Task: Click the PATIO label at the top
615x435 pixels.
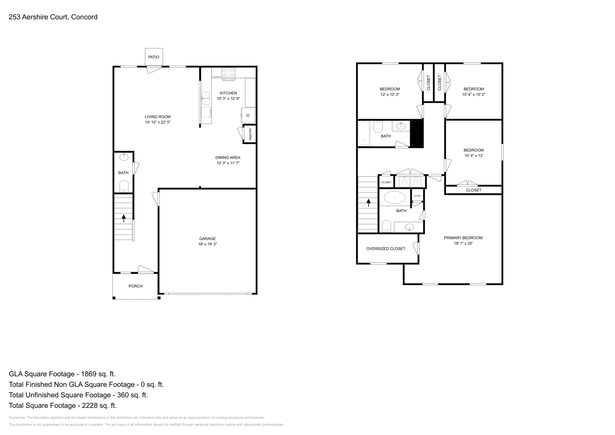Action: (154, 57)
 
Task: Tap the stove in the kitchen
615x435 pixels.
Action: (228, 73)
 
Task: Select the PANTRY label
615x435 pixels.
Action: (250, 134)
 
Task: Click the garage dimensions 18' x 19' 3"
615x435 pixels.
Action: (208, 244)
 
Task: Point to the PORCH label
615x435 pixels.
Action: (135, 286)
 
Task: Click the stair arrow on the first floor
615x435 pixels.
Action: (123, 218)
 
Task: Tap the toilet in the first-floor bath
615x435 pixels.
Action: (124, 186)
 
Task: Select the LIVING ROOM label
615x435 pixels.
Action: (158, 117)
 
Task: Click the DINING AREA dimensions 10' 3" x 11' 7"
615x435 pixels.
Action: (228, 163)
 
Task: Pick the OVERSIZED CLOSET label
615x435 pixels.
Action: (386, 249)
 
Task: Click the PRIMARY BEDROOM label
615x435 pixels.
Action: (463, 238)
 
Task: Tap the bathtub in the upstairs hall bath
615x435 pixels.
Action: (364, 134)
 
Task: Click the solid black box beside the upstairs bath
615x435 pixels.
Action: (417, 134)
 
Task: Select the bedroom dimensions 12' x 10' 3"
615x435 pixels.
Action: (390, 94)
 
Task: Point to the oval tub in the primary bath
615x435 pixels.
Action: (394, 198)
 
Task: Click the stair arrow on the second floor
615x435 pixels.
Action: (369, 203)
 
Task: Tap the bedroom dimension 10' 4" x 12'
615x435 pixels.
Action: (474, 156)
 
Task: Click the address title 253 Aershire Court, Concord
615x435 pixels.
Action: (53, 17)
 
